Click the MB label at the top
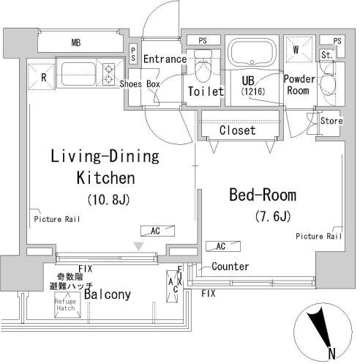coord(75,42)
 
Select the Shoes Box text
coord(140,84)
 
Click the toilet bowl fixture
coord(203,67)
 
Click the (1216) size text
coord(253,92)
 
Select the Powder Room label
coord(299,85)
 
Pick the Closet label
coord(238,130)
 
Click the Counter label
coord(230,267)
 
